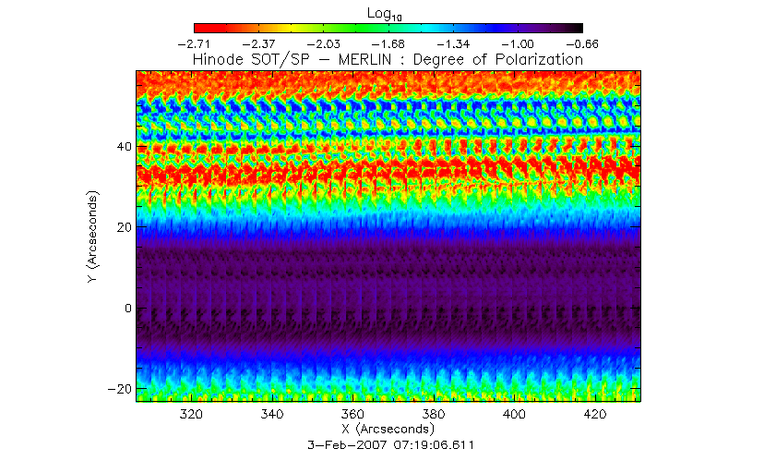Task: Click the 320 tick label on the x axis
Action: (191, 414)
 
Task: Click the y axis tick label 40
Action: (122, 147)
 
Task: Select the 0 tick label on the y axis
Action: (127, 308)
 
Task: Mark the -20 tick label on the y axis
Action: (118, 388)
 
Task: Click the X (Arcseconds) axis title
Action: (388, 430)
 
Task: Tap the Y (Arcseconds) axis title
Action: (93, 237)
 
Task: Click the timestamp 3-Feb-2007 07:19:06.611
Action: (388, 444)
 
